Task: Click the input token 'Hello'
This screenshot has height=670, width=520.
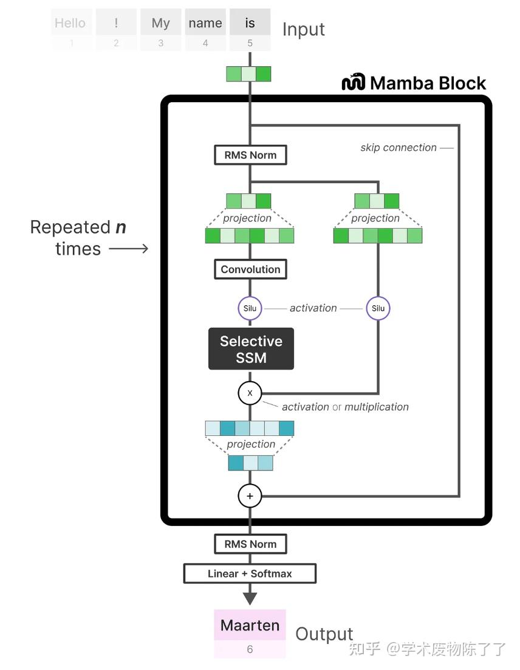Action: coord(70,23)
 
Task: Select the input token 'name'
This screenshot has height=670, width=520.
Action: coord(205,23)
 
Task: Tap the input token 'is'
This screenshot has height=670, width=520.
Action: coord(250,23)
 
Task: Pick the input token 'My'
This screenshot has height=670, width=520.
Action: coord(160,23)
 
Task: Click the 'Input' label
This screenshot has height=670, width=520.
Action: coord(303,29)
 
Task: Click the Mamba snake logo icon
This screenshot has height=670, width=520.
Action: coord(353,82)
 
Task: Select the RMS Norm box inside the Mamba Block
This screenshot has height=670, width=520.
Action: coord(250,155)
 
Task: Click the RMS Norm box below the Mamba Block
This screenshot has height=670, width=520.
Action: coord(250,544)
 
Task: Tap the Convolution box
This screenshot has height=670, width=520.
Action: coord(250,269)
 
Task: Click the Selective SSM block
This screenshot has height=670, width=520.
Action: coord(251,349)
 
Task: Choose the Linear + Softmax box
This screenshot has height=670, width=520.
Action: coord(250,573)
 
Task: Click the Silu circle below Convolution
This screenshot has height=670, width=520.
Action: coord(250,308)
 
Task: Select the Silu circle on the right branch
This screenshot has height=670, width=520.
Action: coord(378,308)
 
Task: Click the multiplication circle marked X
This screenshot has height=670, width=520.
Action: coord(250,393)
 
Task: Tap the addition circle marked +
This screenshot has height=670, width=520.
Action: coord(250,496)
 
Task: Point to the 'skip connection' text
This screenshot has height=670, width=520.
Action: coord(398,148)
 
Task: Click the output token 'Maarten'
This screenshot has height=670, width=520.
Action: coord(250,625)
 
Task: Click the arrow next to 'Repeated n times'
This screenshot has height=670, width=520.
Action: coord(129,249)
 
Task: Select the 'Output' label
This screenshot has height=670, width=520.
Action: coord(324,634)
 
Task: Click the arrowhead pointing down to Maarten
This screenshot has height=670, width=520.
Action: coord(250,597)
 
